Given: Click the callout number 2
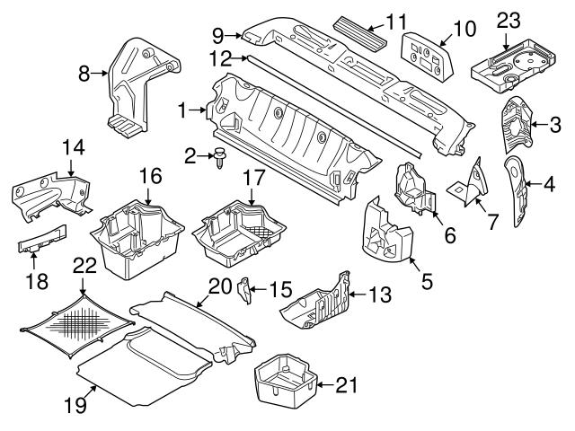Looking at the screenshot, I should coord(189,156).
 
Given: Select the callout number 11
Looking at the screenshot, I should coord(397,19).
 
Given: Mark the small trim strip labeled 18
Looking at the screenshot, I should coord(42,241).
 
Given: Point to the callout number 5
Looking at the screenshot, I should coord(429,280).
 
